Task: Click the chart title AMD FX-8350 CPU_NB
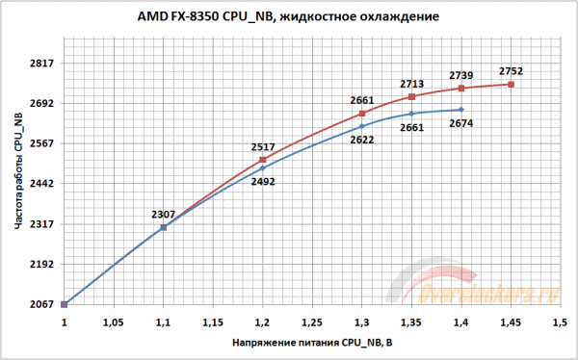(x=289, y=17)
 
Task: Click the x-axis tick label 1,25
(x=311, y=321)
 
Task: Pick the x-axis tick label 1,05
(x=114, y=321)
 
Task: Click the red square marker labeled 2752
(x=511, y=85)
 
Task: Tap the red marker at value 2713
(x=411, y=96)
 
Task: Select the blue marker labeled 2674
(x=461, y=110)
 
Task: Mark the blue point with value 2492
(x=262, y=167)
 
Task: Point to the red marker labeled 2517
(x=262, y=160)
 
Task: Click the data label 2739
(x=461, y=75)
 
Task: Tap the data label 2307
(x=164, y=214)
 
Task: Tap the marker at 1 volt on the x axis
(x=65, y=304)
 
